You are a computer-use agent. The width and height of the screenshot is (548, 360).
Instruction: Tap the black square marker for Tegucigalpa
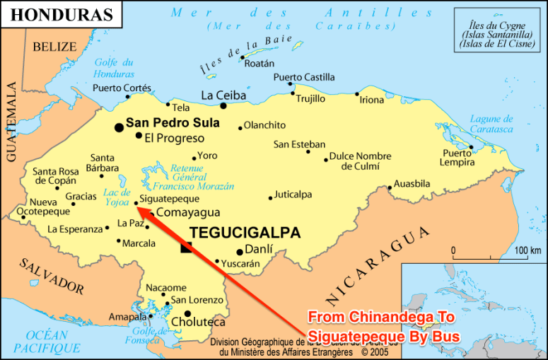click(186, 248)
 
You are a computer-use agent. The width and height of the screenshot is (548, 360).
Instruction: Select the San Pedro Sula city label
click(173, 123)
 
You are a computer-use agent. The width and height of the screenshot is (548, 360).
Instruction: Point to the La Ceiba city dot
click(223, 106)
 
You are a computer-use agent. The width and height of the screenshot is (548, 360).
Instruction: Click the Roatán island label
click(259, 64)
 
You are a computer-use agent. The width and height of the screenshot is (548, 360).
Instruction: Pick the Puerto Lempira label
click(457, 158)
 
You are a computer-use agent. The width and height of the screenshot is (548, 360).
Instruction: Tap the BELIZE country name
click(54, 47)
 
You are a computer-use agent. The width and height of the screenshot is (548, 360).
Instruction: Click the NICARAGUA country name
click(378, 265)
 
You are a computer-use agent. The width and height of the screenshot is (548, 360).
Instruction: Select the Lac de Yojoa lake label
click(117, 197)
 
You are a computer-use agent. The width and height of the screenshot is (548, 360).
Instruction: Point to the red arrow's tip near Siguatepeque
click(135, 208)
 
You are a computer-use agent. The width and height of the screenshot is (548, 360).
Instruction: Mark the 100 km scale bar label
click(527, 250)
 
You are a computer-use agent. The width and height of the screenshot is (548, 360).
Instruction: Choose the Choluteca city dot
click(187, 313)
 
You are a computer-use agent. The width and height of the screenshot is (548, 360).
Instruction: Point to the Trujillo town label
click(310, 99)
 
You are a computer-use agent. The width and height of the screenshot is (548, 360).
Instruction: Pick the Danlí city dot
click(240, 252)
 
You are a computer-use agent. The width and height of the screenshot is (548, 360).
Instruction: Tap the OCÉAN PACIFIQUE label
click(47, 342)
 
